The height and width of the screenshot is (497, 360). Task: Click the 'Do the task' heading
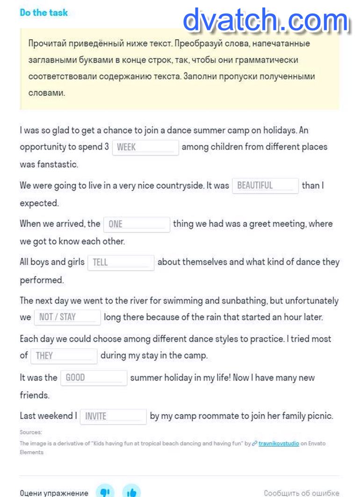point(43,13)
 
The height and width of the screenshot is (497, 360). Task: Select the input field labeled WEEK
point(145,147)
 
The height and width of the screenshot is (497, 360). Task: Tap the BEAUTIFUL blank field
point(265,186)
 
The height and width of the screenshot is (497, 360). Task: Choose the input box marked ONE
point(137,224)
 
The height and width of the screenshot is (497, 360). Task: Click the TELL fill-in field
point(121,262)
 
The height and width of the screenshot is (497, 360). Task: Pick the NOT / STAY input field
point(67,317)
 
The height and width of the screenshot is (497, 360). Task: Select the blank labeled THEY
point(64,356)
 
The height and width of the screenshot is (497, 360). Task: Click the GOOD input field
point(94,378)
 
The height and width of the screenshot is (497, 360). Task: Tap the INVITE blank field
point(113,416)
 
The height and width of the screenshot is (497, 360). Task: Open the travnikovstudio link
point(279,443)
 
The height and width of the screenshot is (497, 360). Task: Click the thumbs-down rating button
point(105,492)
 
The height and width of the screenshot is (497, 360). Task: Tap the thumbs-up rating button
point(131,492)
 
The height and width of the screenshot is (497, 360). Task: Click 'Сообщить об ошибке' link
point(302,493)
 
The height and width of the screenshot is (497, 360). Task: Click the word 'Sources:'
point(30,432)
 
